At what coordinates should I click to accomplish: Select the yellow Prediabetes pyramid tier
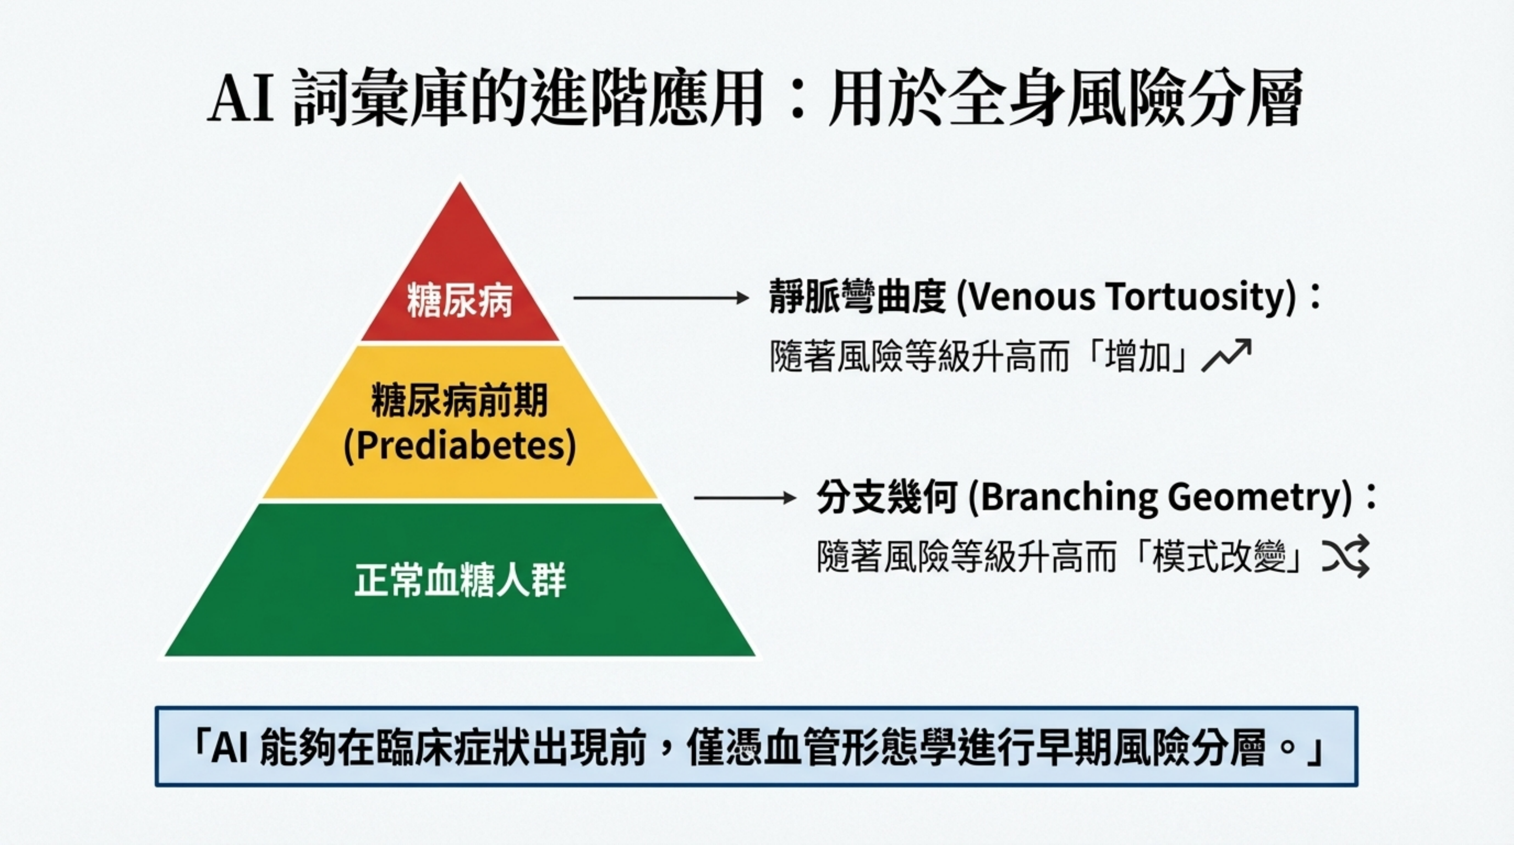460,422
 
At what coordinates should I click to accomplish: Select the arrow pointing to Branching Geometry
745,498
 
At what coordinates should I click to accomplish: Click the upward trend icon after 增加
1226,356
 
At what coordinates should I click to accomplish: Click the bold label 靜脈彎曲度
857,298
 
